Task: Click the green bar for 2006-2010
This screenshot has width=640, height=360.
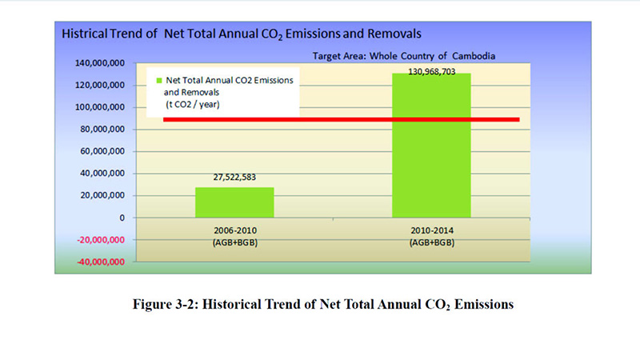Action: click(234, 202)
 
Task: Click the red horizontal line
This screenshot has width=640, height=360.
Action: click(341, 120)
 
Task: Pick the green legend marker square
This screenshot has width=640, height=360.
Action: click(159, 82)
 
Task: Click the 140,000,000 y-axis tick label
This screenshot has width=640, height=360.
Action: click(95, 62)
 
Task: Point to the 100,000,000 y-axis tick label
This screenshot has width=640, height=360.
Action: click(95, 106)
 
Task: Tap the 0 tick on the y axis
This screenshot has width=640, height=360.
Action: click(122, 217)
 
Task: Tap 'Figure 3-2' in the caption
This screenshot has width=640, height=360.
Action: click(181, 305)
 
